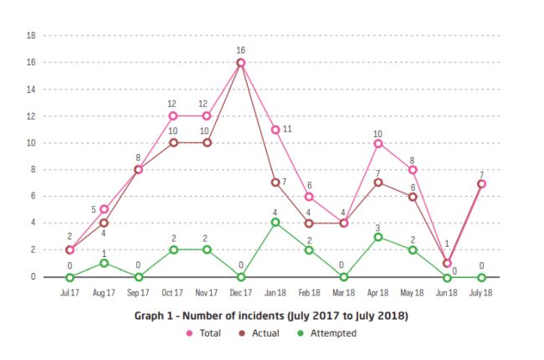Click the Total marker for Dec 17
241,63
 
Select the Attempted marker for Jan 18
275,223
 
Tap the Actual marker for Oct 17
172,142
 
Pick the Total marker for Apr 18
378,143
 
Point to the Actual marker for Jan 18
275,183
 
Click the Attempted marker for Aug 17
104,263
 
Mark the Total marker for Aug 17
104,209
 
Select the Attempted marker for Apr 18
378,237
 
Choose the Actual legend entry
260,333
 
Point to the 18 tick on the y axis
31,36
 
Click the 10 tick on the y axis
31,143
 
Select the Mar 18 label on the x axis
344,293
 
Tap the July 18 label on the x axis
481,293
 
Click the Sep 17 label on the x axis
138,293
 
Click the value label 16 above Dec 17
241,50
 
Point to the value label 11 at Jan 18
286,129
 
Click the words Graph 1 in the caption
153,316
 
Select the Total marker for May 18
413,170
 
